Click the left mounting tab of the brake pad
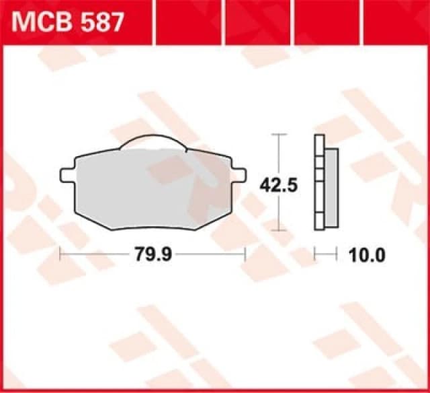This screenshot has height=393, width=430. [x=68, y=174]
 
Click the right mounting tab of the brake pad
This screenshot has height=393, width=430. [x=237, y=174]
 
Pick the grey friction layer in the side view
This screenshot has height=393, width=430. [x=332, y=185]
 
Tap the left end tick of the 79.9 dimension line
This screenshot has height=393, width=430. [x=61, y=254]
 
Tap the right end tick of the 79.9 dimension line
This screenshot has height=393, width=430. [x=245, y=254]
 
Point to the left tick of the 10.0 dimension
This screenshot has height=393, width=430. [x=315, y=254]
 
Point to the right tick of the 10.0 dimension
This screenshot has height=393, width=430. [x=335, y=254]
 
